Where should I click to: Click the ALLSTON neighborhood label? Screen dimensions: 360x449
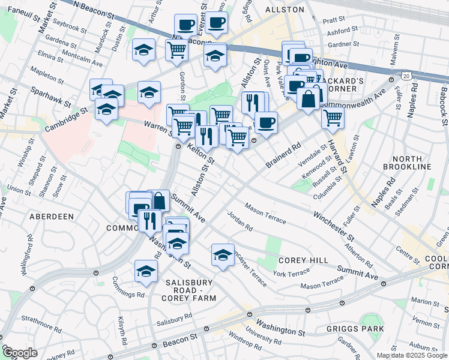pos(284,10)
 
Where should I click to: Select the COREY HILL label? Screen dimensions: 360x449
pos(304,260)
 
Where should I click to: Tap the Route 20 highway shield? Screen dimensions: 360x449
pos(407,76)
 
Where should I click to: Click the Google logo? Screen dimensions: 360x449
pos(19,353)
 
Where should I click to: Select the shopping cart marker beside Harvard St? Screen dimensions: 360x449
pos(333,118)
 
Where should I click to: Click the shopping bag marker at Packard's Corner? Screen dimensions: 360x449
pos(308,97)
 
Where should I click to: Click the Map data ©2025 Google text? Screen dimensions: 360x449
pos(412,355)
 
